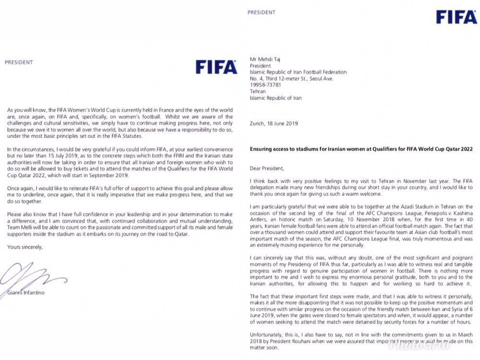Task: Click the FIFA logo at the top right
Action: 456,17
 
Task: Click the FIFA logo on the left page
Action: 216,66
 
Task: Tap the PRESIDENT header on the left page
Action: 19,62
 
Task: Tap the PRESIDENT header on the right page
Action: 262,12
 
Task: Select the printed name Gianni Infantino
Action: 25,292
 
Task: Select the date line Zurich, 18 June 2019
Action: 274,123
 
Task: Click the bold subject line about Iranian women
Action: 361,149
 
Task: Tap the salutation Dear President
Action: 267,168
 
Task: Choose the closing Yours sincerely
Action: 25,247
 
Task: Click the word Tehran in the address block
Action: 258,91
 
